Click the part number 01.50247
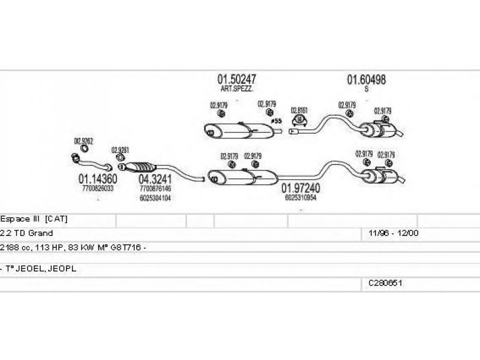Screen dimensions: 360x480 236,79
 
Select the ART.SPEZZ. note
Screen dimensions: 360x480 236,89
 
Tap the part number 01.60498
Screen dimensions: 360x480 366,79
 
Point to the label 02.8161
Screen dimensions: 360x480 299,110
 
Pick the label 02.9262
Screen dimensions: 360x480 83,142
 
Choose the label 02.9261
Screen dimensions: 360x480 120,150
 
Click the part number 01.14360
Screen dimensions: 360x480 97,178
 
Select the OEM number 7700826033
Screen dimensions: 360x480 97,188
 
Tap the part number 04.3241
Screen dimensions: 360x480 155,178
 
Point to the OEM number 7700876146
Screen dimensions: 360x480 155,188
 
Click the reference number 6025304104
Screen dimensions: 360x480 155,197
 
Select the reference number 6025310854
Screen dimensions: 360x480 301,197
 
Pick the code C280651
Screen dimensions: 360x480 385,281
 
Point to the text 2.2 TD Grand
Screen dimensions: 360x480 27,233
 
